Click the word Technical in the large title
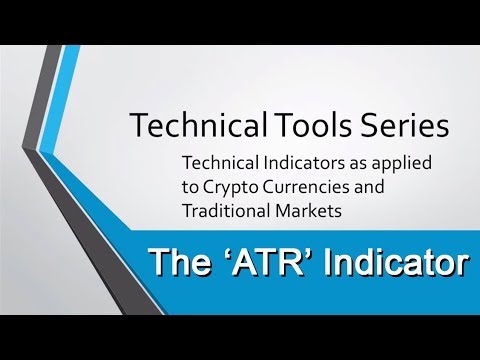[x=199, y=124]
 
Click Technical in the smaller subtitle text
[x=221, y=163]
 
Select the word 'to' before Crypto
[x=190, y=187]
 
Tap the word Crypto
[x=230, y=188]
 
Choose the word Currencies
[x=306, y=187]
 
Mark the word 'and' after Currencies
[x=369, y=187]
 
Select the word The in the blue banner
[x=180, y=262]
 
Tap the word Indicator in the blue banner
[x=395, y=262]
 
